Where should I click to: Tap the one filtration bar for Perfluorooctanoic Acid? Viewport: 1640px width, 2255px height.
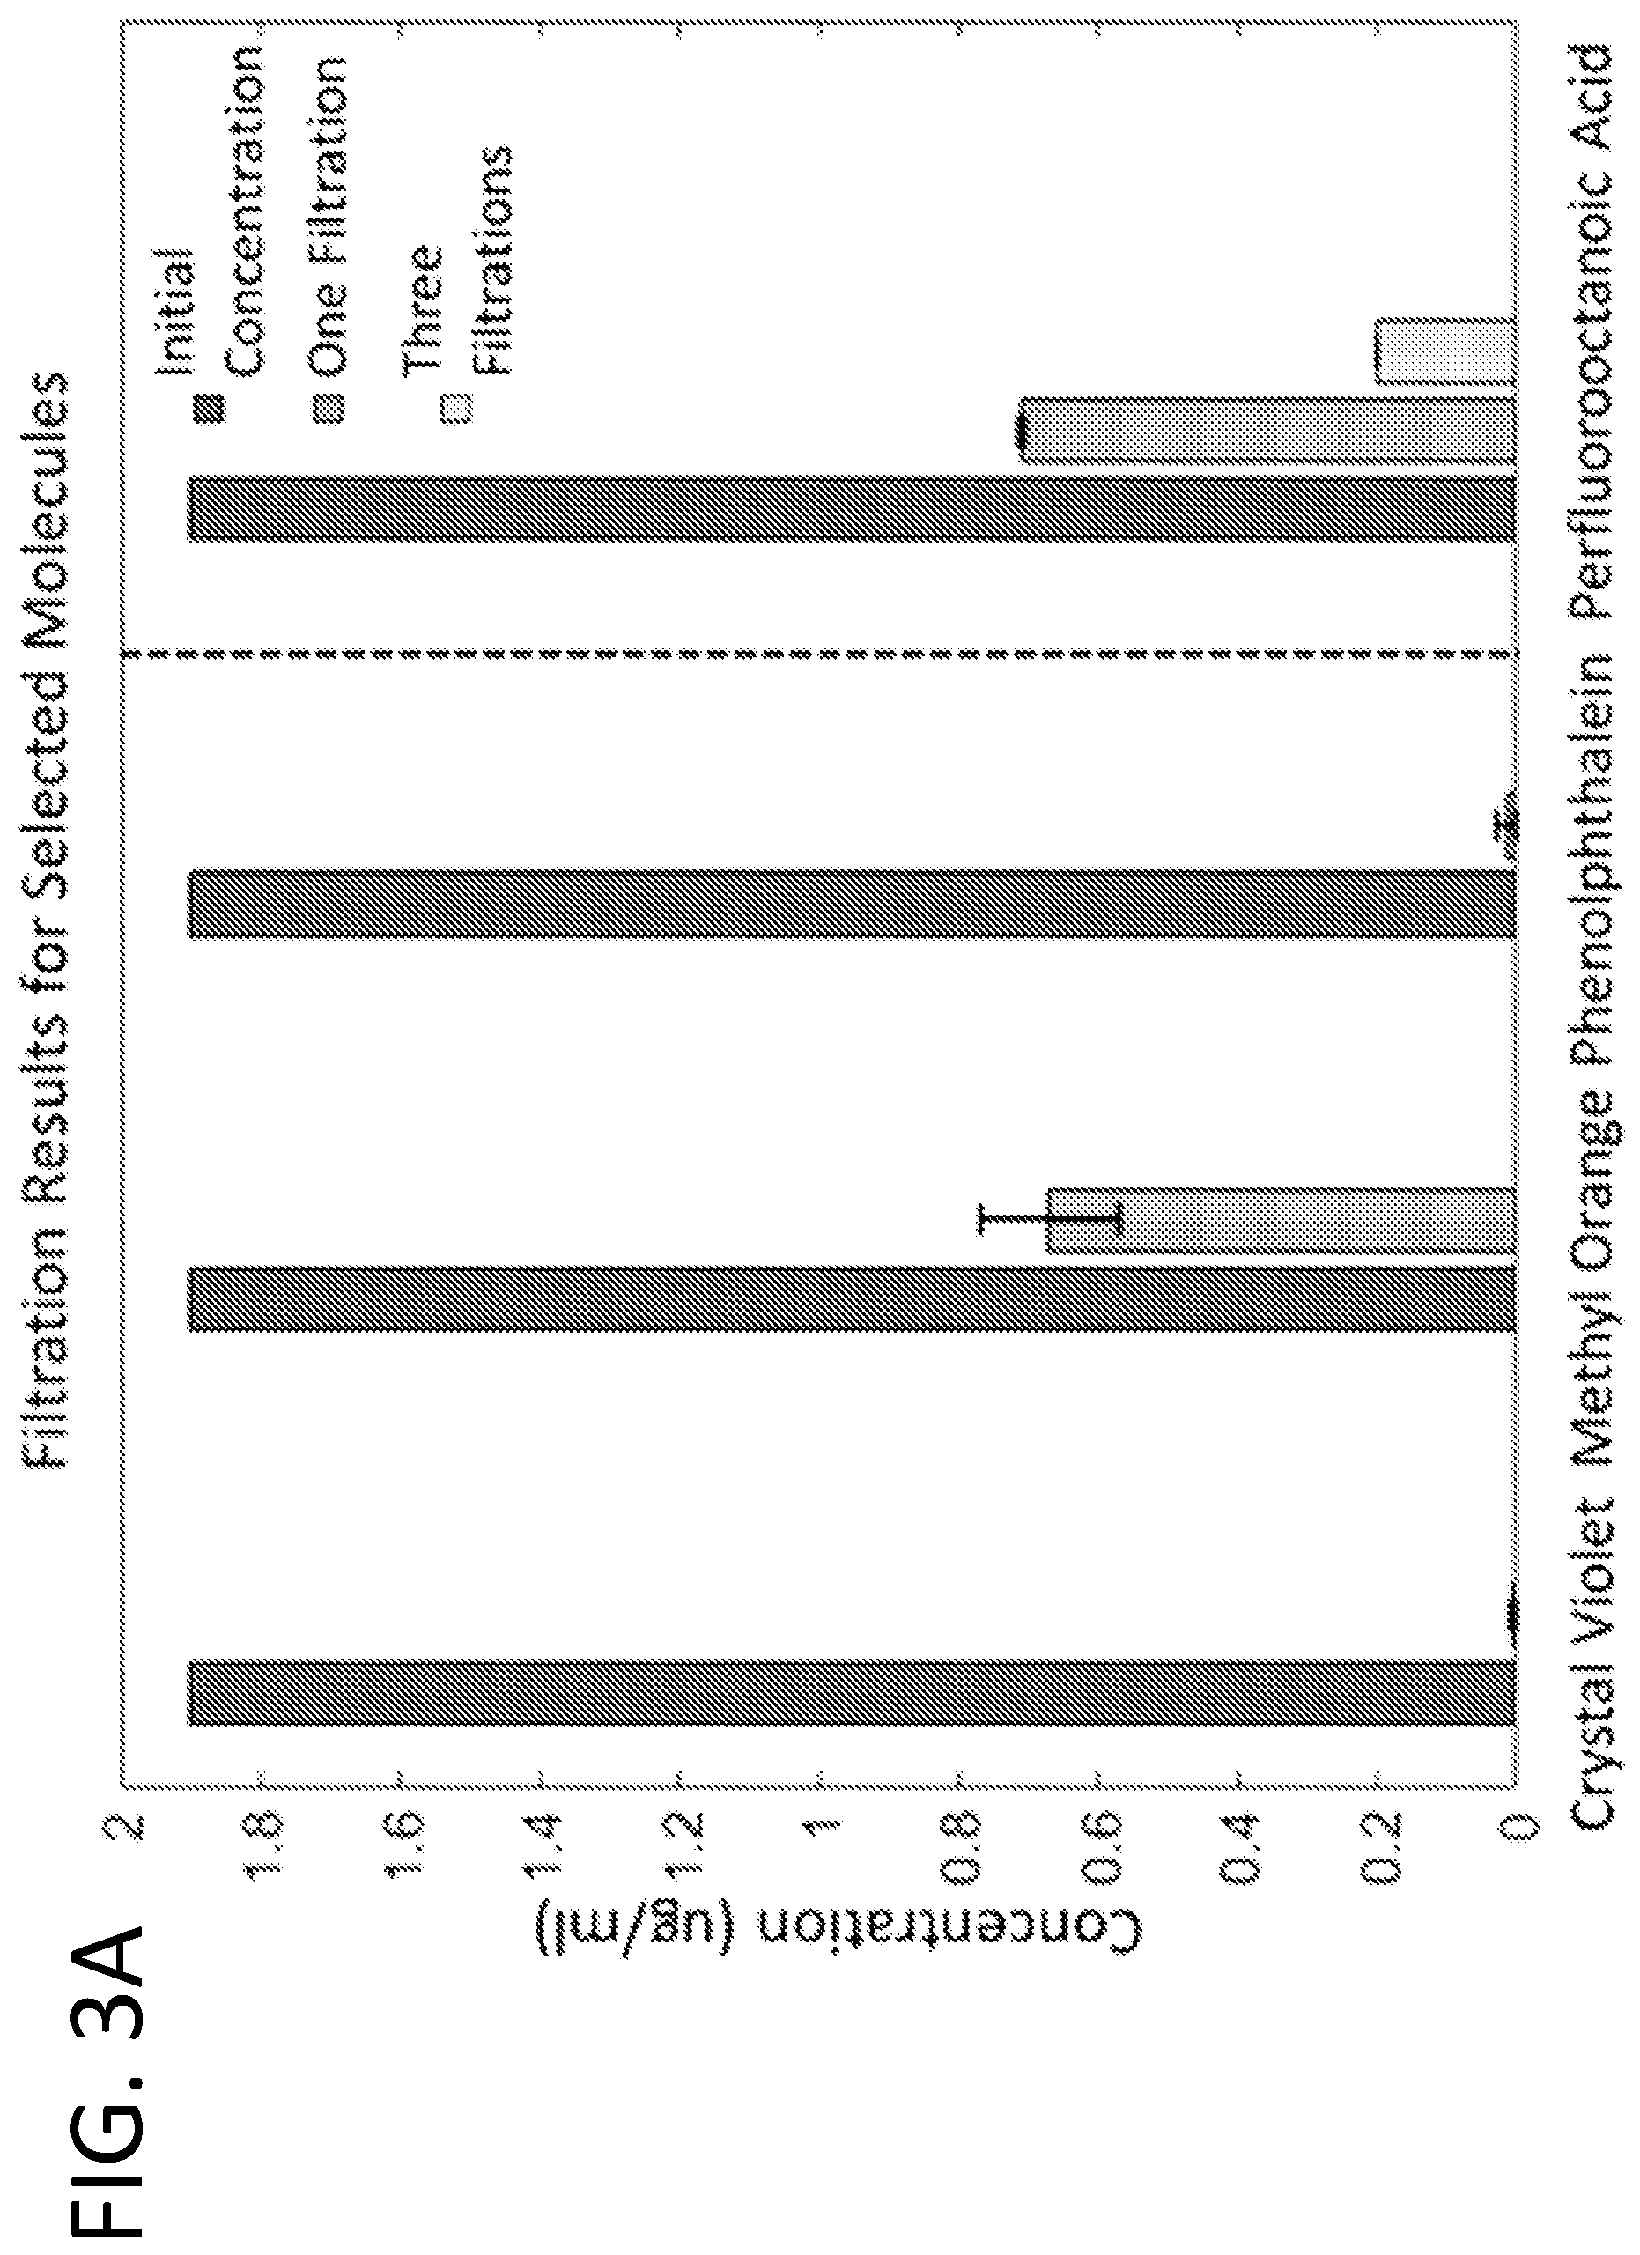tap(1268, 431)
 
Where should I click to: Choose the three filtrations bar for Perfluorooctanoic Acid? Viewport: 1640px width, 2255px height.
tap(1445, 351)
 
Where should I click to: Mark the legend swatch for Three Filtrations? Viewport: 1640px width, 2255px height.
tap(458, 408)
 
